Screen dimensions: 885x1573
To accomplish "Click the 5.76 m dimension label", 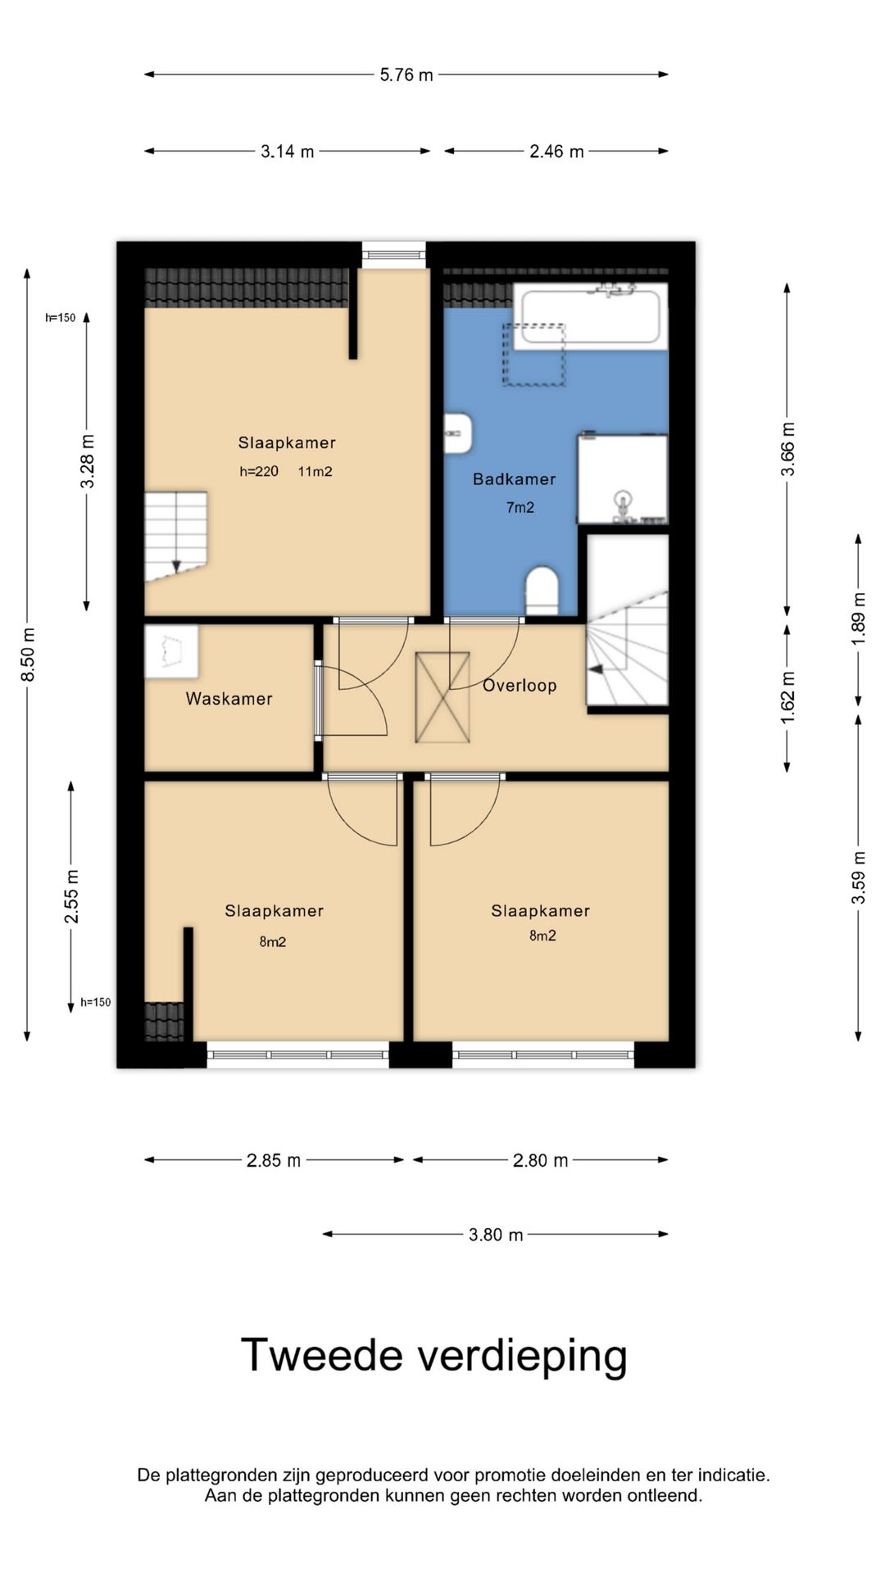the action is point(406,75).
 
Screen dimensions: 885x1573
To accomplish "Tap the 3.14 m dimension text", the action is point(288,152).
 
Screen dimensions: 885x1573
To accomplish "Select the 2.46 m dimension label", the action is point(556,152).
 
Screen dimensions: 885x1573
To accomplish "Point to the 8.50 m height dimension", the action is point(29,654).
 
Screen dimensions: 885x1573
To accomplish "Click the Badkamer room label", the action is point(515,479).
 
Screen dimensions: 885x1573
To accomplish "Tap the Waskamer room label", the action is point(229,699).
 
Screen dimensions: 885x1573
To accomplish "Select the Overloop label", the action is point(520,686).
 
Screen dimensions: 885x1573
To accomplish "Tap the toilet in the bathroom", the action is point(542,590).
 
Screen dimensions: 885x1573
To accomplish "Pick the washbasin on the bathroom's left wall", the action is point(458,433).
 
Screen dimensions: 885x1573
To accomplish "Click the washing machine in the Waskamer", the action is point(171,651).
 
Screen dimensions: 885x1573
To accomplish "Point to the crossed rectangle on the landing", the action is point(442,697).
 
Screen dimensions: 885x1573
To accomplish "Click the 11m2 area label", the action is point(315,471).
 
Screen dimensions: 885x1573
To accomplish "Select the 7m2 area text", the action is point(520,508).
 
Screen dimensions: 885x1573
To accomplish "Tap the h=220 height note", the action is point(259,471).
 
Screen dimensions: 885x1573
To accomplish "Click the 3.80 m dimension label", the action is point(496,1235).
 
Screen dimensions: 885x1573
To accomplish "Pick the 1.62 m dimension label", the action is point(788,697).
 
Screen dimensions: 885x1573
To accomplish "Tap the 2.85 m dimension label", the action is point(274,1161).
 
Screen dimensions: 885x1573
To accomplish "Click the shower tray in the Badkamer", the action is point(623,479).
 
